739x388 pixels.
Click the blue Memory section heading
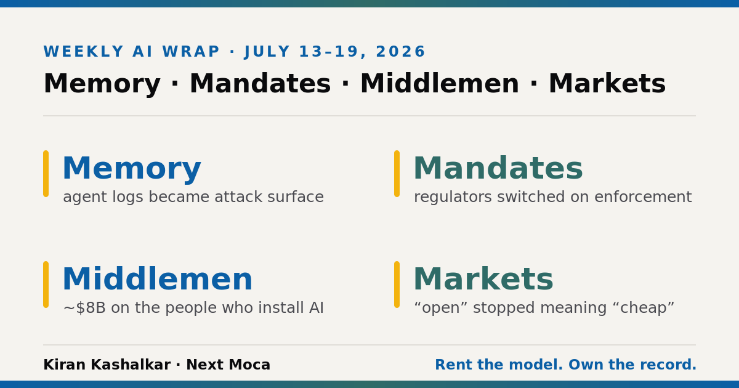tap(132, 169)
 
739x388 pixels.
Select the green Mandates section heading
tap(498, 168)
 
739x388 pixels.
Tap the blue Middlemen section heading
tap(158, 279)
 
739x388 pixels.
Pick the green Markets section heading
tap(483, 279)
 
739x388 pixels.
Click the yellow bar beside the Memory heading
tap(46, 174)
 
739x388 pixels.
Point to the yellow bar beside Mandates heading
tap(397, 174)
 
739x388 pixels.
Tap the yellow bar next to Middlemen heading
tap(46, 285)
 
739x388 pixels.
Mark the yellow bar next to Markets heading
tap(397, 285)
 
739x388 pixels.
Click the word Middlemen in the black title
tap(440, 84)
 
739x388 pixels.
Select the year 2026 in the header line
tap(400, 52)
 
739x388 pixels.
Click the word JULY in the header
tap(267, 52)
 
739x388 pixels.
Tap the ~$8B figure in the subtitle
tap(84, 308)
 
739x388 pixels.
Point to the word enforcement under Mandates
tap(643, 197)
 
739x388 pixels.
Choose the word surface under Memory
tap(296, 197)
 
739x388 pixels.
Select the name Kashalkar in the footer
tap(131, 365)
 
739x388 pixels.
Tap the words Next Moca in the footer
tap(228, 365)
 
